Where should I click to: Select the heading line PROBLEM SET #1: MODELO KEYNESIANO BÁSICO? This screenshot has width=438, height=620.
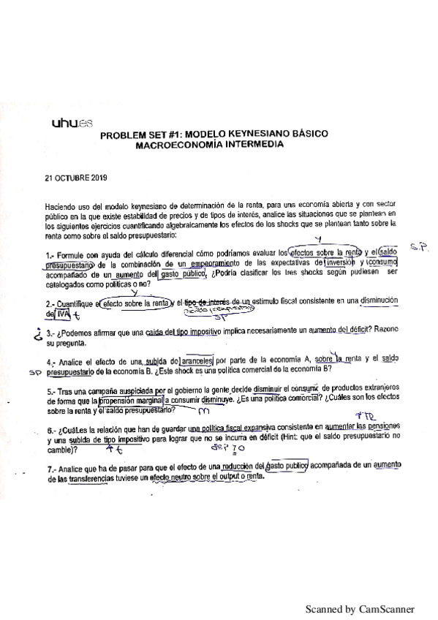click(x=214, y=135)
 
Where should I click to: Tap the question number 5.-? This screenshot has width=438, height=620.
click(x=50, y=391)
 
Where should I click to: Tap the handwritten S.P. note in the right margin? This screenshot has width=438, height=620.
click(x=418, y=248)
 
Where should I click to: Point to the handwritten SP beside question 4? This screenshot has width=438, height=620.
click(x=32, y=371)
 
